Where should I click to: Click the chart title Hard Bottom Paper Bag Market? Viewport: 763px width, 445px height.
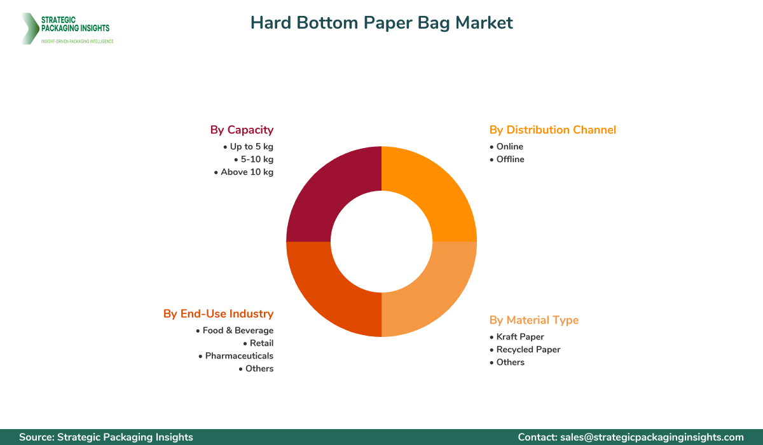pos(381,23)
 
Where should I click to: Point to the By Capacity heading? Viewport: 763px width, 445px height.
pos(242,130)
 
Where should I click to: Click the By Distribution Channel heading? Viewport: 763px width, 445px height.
pos(553,130)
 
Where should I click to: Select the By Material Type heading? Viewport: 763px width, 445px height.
pos(534,320)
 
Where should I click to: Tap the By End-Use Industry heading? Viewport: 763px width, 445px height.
pos(218,313)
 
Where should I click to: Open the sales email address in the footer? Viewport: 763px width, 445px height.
pos(652,437)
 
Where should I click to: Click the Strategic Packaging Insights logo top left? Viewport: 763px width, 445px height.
pos(67,29)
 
